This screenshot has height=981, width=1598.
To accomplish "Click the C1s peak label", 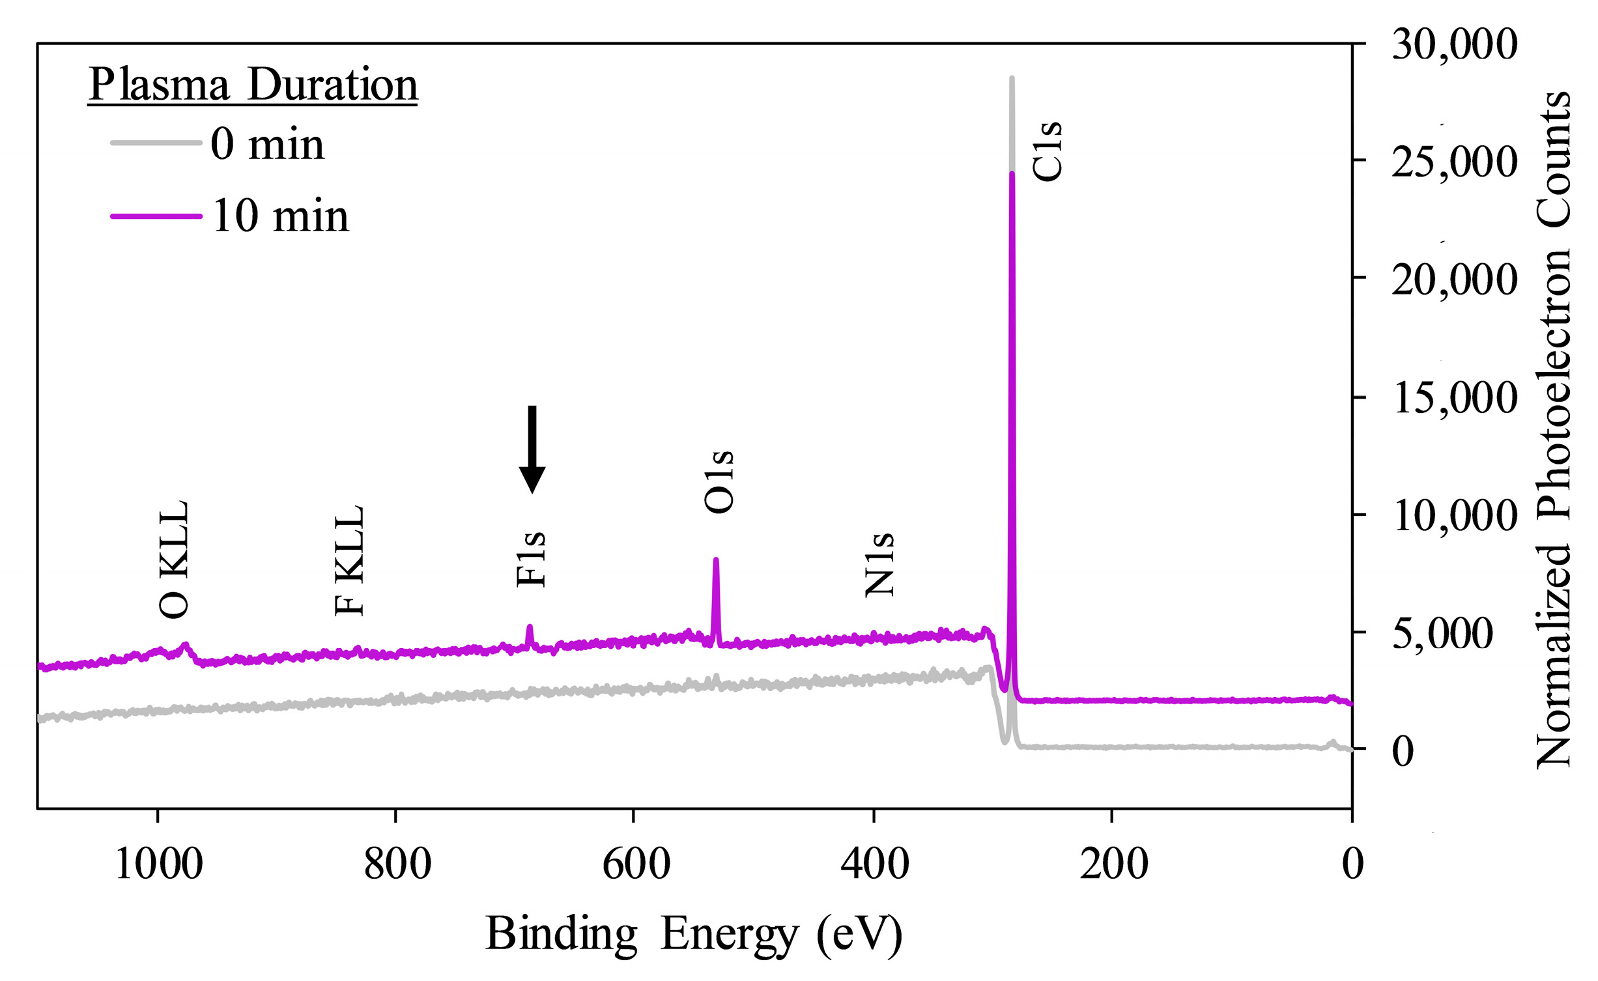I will [x=1047, y=151].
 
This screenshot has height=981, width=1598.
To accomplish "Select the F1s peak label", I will [x=530, y=559].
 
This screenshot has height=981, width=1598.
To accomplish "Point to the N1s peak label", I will [x=879, y=565].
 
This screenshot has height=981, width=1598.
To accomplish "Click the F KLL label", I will [x=349, y=560].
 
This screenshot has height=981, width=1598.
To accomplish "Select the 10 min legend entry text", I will [x=280, y=216].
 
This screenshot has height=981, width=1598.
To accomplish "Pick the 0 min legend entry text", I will [x=267, y=144].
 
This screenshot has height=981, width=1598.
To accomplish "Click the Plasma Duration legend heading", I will [x=253, y=85].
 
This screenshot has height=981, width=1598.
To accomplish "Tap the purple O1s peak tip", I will [x=715, y=560].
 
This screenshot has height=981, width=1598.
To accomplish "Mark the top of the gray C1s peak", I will [x=1011, y=79].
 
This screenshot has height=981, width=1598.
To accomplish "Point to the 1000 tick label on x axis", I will [x=158, y=864].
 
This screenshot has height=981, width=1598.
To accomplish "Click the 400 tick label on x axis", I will [x=874, y=864].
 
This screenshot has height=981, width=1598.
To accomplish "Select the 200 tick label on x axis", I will [x=1113, y=864].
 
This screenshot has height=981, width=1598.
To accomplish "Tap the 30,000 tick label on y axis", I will [x=1454, y=44].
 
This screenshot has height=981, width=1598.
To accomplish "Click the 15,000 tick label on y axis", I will [x=1454, y=398].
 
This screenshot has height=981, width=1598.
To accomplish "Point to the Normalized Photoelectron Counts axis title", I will [x=1554, y=430].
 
